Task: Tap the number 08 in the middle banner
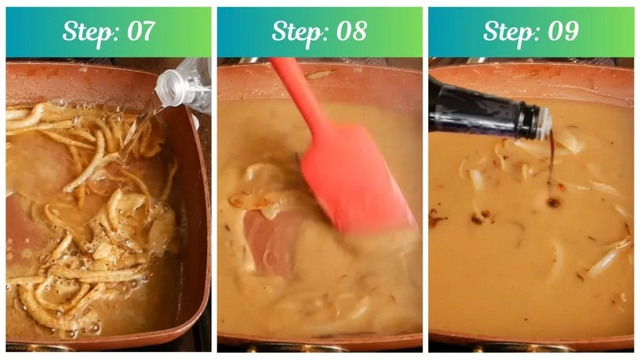pos(351,32)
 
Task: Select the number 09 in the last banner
pos(562,32)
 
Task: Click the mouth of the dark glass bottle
pos(545,122)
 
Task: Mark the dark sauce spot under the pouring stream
pos(553,202)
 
